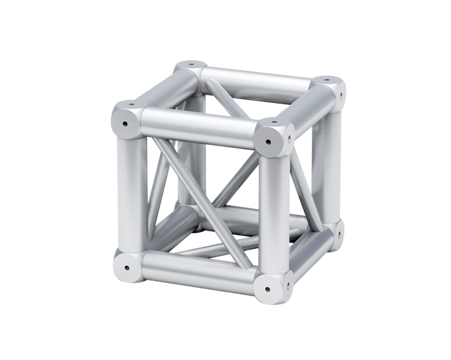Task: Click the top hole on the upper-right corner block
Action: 326,81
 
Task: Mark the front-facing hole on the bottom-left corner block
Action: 126,267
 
